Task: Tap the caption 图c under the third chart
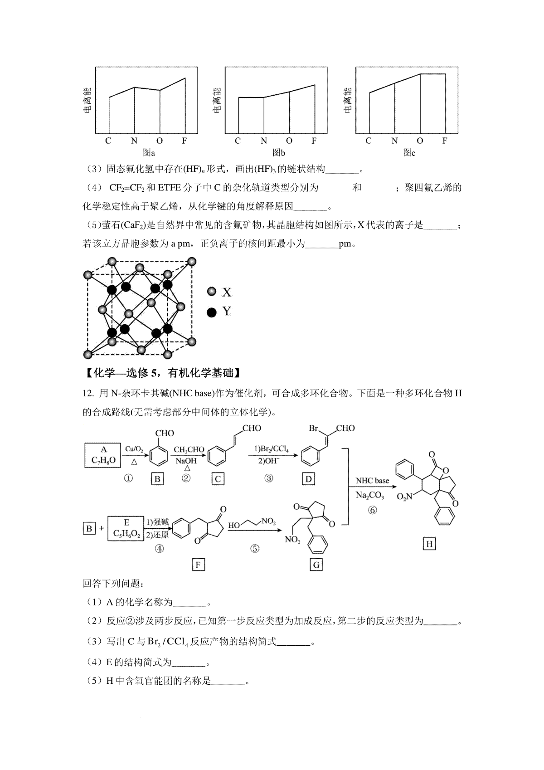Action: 409,153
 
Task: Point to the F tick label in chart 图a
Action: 185,141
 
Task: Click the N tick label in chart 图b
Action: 264,141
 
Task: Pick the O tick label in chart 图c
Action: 420,141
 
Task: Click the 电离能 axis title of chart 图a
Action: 87,100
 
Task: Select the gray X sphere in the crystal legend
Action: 211,292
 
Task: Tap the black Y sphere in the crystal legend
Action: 211,312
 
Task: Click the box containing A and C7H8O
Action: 103,455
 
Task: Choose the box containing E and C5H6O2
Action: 126,528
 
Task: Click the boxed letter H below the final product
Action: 429,544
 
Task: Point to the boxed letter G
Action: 316,565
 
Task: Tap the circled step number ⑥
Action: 372,510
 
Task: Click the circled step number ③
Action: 269,478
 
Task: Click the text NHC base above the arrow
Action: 372,481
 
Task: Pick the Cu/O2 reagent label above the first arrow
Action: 134,449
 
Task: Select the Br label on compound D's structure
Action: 314,428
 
